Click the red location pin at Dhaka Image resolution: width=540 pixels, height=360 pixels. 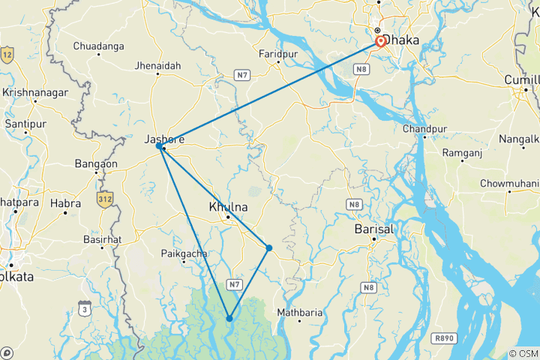(380, 41)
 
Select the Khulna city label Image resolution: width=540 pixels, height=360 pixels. (228, 205)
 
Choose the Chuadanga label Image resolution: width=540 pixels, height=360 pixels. (98, 46)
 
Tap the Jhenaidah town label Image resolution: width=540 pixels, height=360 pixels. (157, 66)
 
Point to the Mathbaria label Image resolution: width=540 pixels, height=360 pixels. (299, 312)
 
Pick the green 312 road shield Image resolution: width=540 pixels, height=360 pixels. (103, 198)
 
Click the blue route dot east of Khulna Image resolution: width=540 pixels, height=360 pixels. (268, 247)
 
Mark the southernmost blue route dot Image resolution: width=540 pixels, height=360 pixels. (229, 319)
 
